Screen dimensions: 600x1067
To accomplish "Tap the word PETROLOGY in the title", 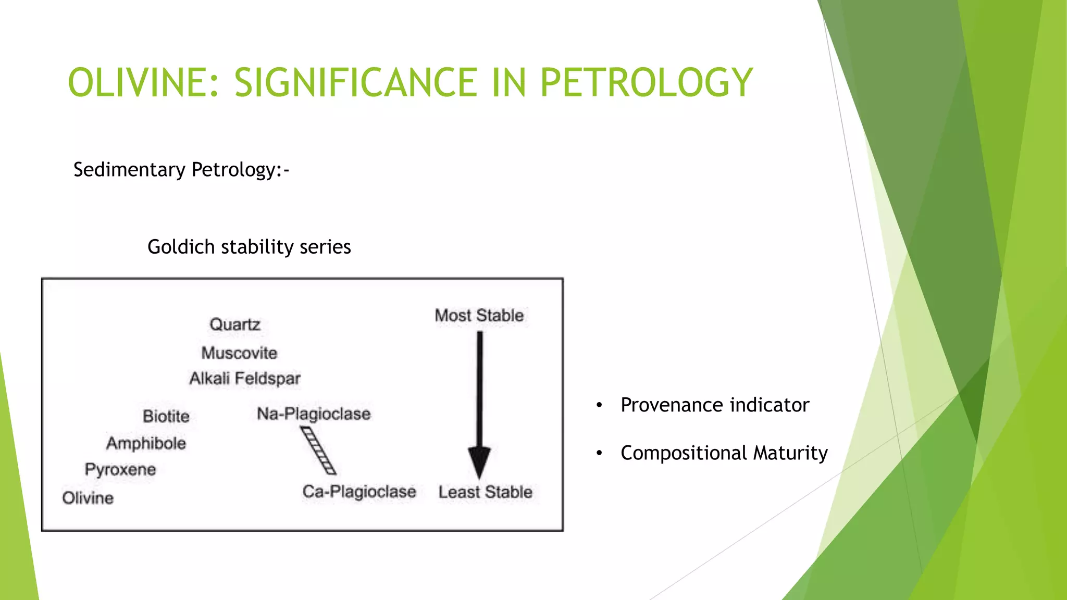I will (x=646, y=82).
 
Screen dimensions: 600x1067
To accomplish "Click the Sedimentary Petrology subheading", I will (x=181, y=170).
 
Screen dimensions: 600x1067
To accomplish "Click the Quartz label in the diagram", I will (x=235, y=324).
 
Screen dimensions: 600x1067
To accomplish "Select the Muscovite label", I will (x=239, y=353).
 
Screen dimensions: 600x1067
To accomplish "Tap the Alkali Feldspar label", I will (x=245, y=379).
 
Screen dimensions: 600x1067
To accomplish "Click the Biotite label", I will (x=166, y=416).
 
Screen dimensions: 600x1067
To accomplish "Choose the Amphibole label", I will (x=146, y=443).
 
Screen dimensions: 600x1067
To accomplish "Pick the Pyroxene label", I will (x=120, y=470).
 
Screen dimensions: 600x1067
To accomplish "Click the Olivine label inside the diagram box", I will (x=88, y=498).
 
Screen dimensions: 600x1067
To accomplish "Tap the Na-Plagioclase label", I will (x=314, y=414).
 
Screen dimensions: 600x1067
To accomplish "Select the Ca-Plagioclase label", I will (x=359, y=492).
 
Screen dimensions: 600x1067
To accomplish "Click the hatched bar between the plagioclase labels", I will (x=318, y=451).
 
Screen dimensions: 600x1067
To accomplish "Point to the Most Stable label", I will (x=479, y=316).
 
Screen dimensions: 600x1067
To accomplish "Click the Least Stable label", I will (x=485, y=492).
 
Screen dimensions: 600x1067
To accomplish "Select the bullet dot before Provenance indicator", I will (x=600, y=405).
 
